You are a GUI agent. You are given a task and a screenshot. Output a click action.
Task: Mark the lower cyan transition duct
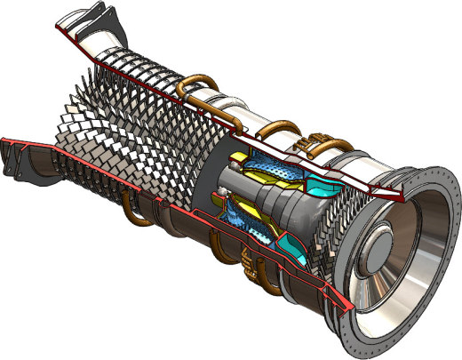pos(292,244)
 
